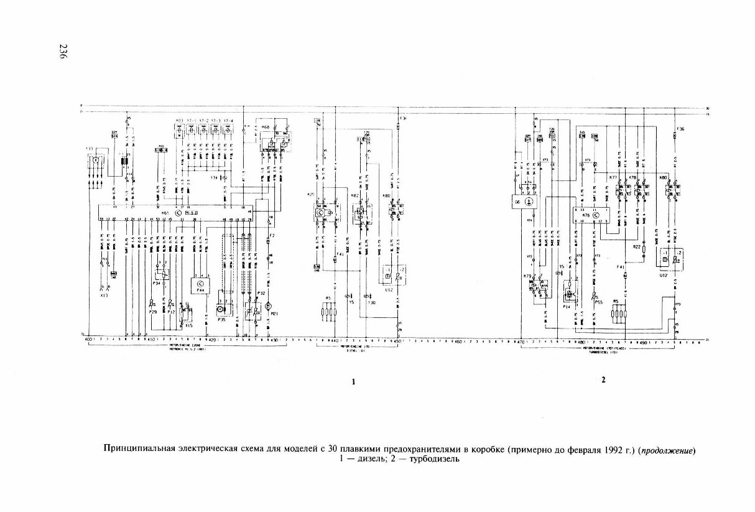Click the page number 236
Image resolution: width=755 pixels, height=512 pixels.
coord(62,51)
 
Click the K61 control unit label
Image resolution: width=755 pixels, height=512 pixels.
coord(165,213)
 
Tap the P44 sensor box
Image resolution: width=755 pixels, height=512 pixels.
coord(200,286)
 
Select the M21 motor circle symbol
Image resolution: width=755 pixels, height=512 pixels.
coord(269,306)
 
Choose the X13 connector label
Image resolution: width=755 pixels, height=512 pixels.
coord(104,295)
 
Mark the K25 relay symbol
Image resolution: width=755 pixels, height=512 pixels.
coord(325,212)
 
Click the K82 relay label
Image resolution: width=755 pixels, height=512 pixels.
coord(354,195)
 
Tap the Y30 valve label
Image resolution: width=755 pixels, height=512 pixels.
coord(372,303)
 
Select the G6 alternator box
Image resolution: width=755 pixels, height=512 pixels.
coord(525,202)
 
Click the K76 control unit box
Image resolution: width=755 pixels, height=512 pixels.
coord(591,215)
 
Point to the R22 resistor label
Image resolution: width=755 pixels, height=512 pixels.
coord(637,247)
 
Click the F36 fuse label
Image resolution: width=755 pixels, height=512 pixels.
coord(680,129)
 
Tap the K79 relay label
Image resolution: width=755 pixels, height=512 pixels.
coord(527,276)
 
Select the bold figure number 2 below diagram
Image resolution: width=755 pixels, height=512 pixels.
coord(603,379)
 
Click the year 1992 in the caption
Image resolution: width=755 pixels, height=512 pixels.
coord(610,449)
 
